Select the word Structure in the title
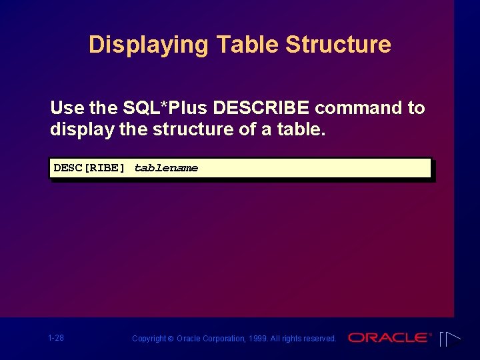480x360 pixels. (338, 45)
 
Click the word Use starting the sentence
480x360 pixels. (66, 108)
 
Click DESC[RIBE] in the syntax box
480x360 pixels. (89, 168)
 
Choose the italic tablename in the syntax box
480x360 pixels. (166, 168)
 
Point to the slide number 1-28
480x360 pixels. (56, 338)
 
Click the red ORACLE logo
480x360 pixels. (388, 338)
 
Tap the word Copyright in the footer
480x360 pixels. (148, 339)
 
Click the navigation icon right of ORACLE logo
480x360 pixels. (449, 339)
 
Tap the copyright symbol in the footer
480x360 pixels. (170, 339)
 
